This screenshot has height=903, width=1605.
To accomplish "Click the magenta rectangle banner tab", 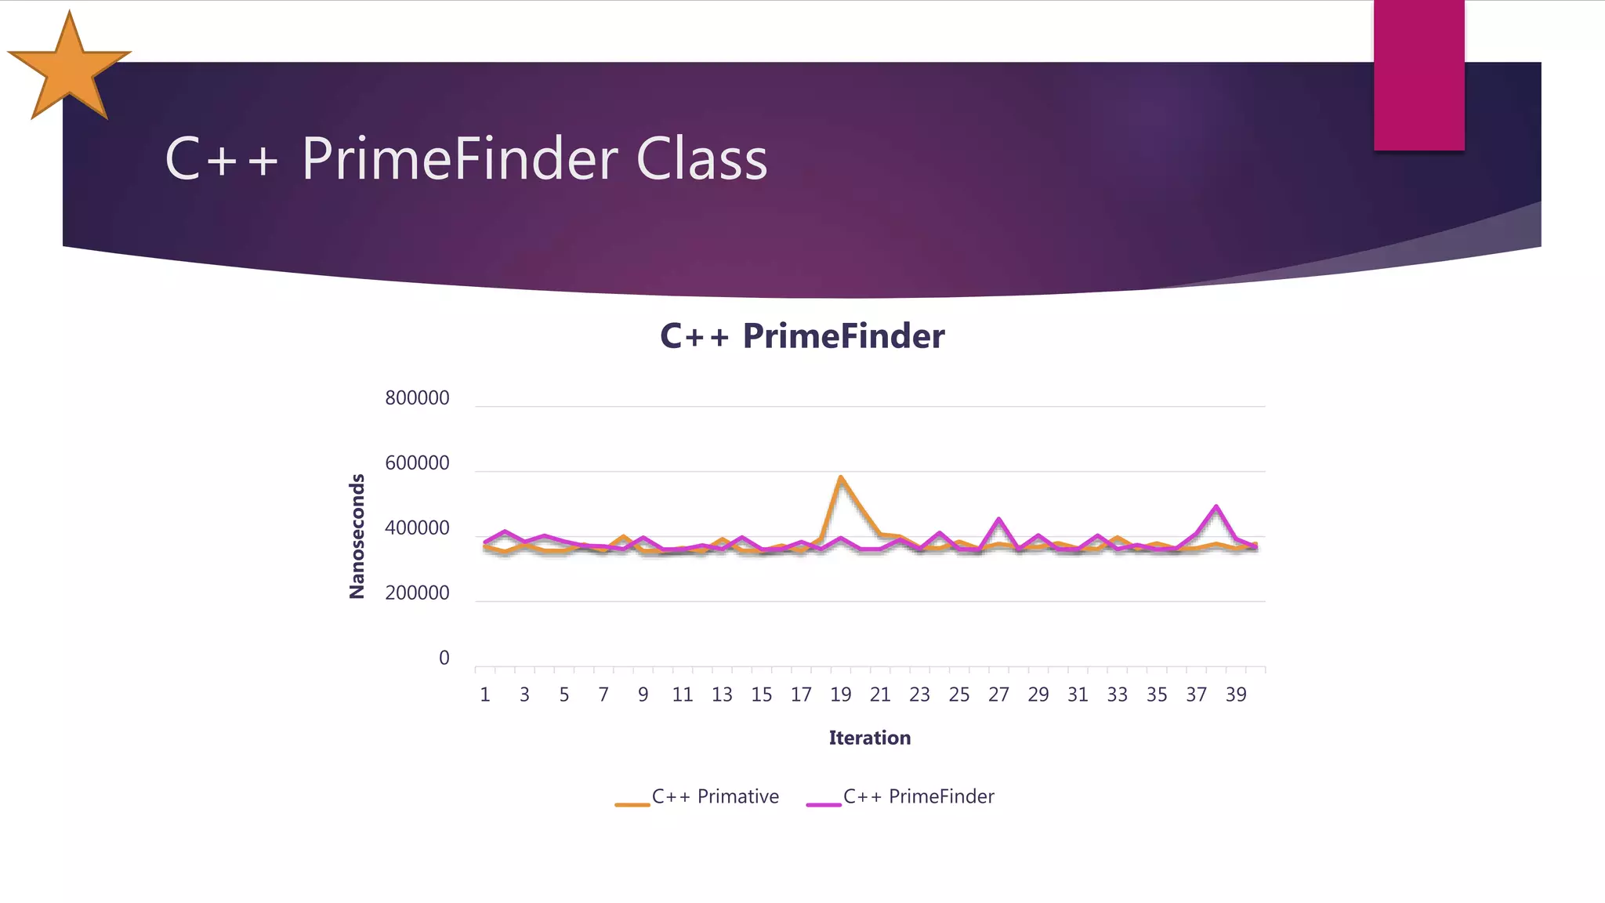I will click(x=1418, y=74).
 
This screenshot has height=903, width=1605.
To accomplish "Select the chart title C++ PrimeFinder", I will click(x=802, y=336).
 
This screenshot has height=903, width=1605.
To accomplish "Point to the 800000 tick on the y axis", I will click(x=417, y=398).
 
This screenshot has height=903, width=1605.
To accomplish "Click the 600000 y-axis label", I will click(x=417, y=463).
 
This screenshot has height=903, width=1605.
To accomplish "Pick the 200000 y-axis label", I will click(x=417, y=593).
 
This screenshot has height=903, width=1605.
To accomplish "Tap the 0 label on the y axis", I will click(x=444, y=658).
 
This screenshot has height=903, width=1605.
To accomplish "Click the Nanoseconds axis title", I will click(x=357, y=536).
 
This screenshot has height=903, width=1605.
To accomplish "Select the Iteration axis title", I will click(x=869, y=738).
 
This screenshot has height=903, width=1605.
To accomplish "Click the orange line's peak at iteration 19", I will click(x=840, y=477).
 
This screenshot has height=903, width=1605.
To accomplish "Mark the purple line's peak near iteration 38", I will click(x=1216, y=506).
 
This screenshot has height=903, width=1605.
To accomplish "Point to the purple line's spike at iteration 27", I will click(x=998, y=519).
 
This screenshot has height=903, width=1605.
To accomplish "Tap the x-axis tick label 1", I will click(x=485, y=694).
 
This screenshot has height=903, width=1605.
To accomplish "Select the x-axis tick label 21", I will click(x=879, y=694).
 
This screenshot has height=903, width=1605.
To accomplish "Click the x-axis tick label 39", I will click(x=1235, y=694).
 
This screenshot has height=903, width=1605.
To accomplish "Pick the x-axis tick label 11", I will click(x=682, y=694).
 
